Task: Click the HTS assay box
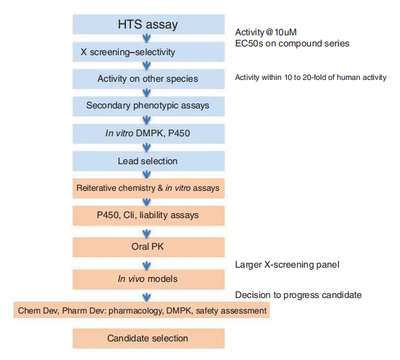click(x=148, y=24)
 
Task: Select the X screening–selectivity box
click(x=148, y=52)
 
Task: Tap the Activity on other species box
click(x=148, y=79)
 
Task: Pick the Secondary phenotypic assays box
click(x=148, y=106)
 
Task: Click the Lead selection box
click(x=148, y=161)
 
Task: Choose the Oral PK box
click(x=148, y=247)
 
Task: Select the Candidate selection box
click(x=148, y=338)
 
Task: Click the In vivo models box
click(x=148, y=279)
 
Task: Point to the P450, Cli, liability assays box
click(x=148, y=216)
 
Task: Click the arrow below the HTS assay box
click(x=146, y=38)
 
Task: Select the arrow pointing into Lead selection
click(x=146, y=147)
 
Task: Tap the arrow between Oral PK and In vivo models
click(x=146, y=266)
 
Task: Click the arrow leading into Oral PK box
click(x=146, y=234)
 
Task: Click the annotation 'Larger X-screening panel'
click(x=287, y=265)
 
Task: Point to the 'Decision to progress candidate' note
click(x=298, y=295)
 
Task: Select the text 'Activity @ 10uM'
click(x=266, y=32)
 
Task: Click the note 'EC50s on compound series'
click(x=292, y=43)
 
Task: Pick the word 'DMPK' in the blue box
click(x=149, y=133)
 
